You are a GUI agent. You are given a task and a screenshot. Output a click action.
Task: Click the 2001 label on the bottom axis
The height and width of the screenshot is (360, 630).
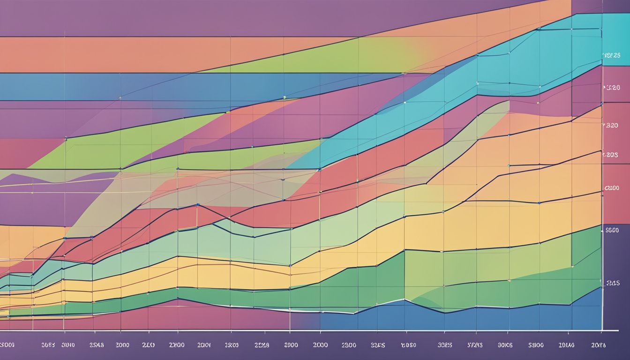pyautogui.click(x=204, y=345)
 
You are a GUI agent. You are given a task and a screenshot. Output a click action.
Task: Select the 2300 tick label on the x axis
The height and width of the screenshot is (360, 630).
pyautogui.click(x=349, y=345)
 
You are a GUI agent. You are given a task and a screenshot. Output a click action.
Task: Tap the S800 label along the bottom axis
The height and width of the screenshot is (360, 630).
pyautogui.click(x=536, y=345)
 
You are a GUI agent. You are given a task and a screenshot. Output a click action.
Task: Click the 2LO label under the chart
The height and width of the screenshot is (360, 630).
pyautogui.click(x=148, y=345)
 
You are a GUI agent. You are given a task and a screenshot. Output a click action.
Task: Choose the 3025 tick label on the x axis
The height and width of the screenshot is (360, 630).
pyautogui.click(x=444, y=345)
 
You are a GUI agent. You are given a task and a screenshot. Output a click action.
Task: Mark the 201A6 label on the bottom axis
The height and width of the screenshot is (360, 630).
pyautogui.click(x=566, y=345)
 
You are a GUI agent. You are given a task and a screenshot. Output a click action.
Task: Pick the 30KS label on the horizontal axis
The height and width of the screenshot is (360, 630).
pyautogui.click(x=505, y=345)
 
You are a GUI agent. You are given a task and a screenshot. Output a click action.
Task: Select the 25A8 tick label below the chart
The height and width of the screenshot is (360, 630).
pyautogui.click(x=97, y=345)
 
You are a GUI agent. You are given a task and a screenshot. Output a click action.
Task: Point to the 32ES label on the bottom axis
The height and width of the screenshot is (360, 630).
pyautogui.click(x=378, y=345)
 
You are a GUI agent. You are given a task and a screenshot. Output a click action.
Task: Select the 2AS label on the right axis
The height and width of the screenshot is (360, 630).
pyautogui.click(x=613, y=283)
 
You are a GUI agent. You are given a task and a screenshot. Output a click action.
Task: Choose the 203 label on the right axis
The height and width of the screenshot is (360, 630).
pyautogui.click(x=611, y=154)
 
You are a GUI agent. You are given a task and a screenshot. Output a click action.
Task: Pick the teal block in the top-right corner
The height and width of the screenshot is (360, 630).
pyautogui.click(x=614, y=33)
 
